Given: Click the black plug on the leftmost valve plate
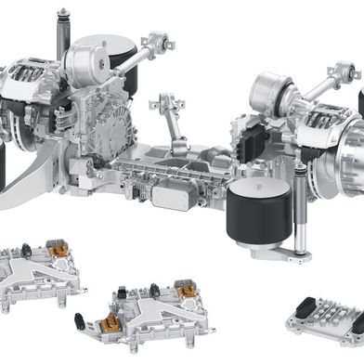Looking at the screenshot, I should (28, 250).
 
